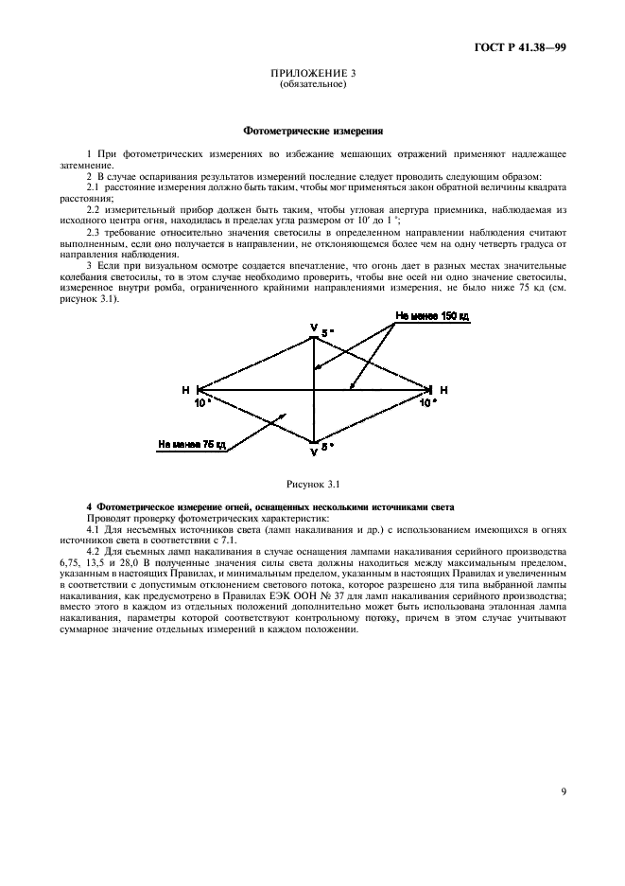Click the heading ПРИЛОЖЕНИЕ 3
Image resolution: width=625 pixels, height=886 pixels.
click(312, 73)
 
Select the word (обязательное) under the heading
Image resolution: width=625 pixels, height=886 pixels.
click(312, 83)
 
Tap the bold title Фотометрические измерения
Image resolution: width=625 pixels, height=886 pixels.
click(312, 131)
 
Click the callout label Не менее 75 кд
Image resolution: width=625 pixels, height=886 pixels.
click(191, 442)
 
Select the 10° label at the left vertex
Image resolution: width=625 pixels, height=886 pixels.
click(201, 402)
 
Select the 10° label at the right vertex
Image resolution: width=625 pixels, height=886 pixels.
click(427, 402)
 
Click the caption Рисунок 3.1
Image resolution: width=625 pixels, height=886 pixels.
click(312, 486)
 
